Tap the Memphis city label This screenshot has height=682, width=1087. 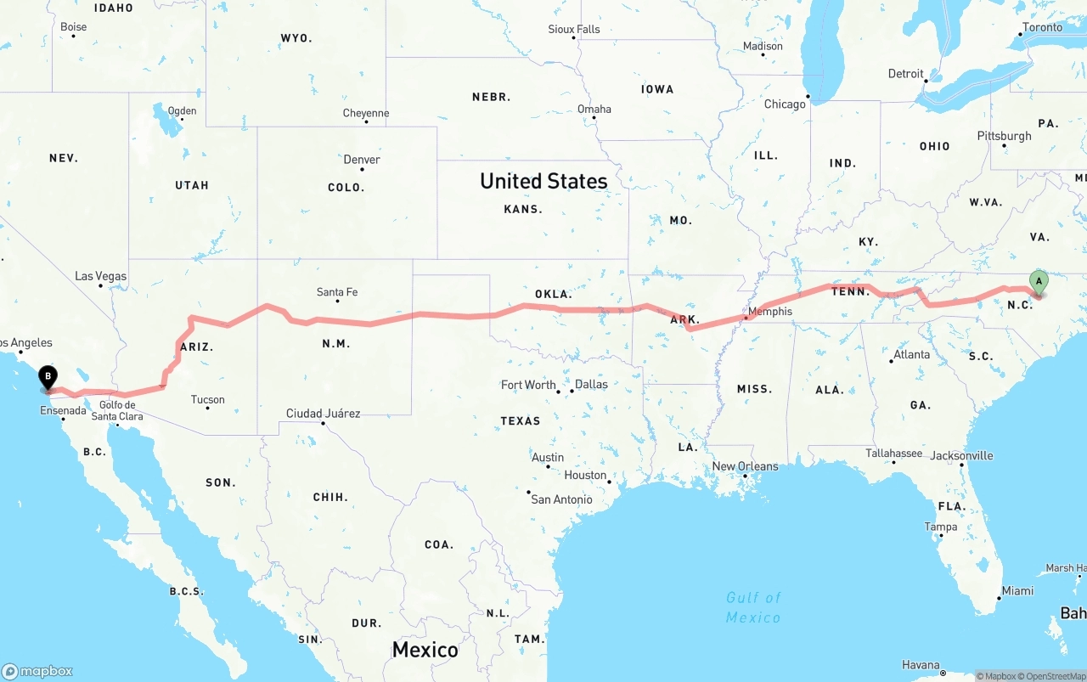[769, 312]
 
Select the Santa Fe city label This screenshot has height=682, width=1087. [337, 292]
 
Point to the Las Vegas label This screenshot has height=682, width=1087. [100, 276]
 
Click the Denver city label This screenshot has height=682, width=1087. [362, 160]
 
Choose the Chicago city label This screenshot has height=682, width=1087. [785, 104]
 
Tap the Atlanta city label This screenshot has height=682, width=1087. [911, 354]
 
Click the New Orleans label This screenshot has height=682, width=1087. [745, 466]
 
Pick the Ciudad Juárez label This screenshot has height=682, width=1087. [323, 414]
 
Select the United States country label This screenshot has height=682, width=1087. [543, 181]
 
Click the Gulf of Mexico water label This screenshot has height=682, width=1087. [753, 607]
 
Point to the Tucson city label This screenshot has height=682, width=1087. [208, 399]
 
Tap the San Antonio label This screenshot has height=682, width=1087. [561, 499]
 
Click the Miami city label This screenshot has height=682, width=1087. [1017, 591]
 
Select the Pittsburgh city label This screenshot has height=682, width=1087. [1004, 136]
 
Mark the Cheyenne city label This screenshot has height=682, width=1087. [366, 113]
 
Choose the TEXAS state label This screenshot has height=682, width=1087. [520, 421]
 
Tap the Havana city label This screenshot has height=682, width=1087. [921, 665]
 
